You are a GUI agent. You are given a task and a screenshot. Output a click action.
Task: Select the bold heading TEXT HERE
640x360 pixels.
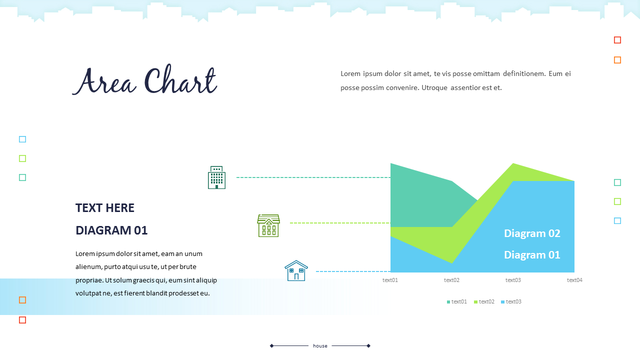[105, 208]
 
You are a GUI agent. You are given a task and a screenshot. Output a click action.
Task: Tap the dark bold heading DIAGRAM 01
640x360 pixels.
[111, 230]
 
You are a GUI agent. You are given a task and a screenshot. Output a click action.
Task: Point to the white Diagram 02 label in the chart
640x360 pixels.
[532, 233]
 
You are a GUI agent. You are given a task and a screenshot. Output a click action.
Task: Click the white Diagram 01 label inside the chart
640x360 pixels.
[532, 255]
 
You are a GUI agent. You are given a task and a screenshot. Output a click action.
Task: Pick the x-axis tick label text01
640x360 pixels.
[390, 280]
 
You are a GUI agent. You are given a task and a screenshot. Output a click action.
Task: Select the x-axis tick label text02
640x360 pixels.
[451, 280]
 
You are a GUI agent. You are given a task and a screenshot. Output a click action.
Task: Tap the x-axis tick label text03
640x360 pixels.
[513, 280]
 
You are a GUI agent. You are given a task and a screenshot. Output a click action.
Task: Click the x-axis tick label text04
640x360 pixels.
[574, 280]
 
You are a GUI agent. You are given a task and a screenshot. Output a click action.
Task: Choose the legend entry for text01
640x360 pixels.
[457, 301]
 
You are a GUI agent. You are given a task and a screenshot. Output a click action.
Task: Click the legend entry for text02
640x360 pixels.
[484, 301]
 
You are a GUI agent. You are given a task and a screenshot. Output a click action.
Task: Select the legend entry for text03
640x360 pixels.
[511, 301]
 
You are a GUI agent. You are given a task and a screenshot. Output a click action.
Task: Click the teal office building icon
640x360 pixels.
[216, 177]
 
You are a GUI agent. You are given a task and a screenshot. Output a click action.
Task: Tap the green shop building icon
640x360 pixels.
[268, 225]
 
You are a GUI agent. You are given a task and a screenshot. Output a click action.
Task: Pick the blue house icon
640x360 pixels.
[296, 271]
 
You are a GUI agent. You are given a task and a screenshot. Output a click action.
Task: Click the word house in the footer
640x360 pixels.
[320, 346]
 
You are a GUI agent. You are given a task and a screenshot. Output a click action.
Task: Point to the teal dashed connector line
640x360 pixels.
[313, 177]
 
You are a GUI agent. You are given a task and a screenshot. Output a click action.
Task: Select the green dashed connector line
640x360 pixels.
[340, 223]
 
